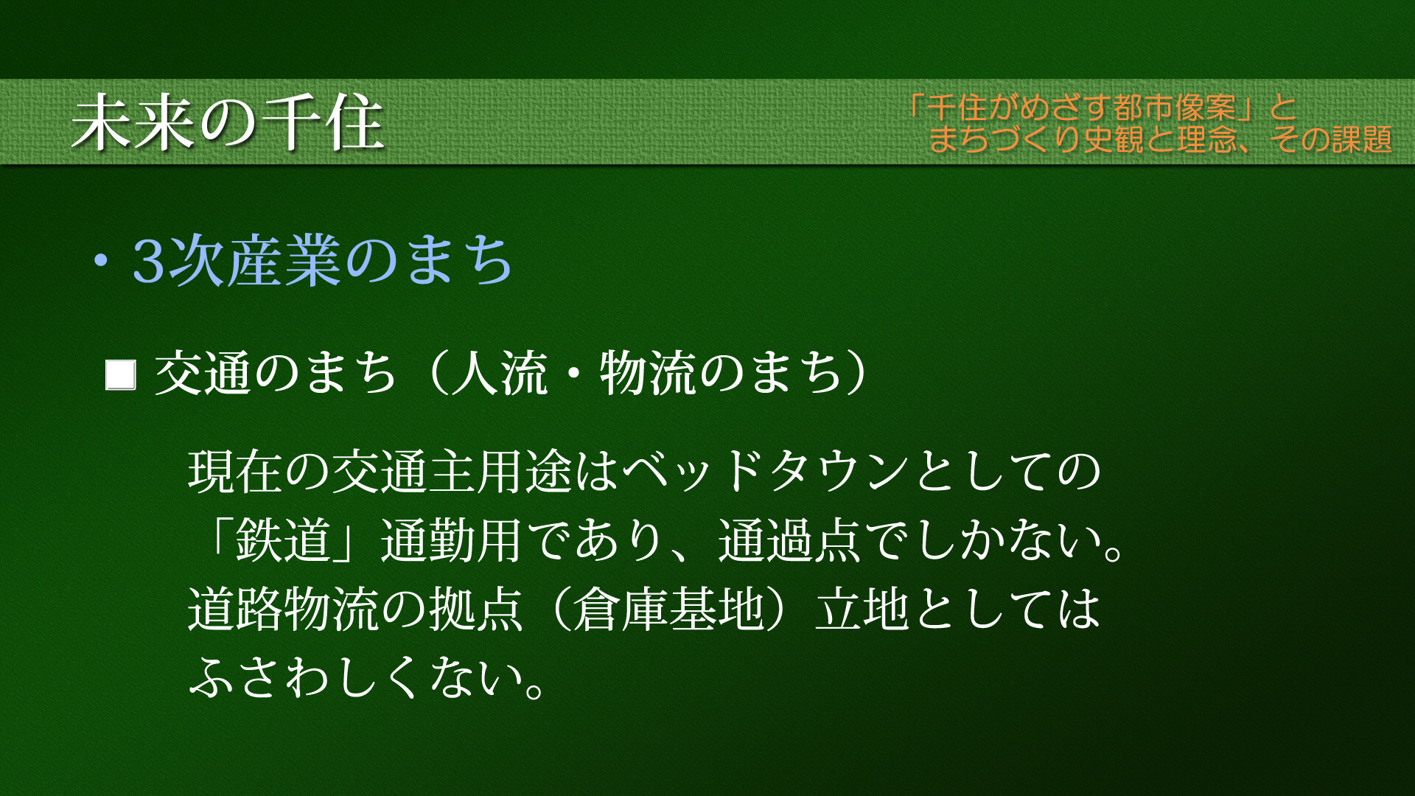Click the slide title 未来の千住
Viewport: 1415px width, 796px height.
coord(228,122)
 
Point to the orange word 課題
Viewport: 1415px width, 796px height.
coord(1361,139)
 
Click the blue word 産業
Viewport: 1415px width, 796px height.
coord(283,261)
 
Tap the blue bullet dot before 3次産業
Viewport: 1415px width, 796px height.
coord(101,262)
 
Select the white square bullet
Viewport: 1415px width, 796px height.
coord(121,374)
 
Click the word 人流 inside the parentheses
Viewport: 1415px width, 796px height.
coord(500,373)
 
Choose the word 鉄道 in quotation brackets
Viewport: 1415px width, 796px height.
coord(283,540)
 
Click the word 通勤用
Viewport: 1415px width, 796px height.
coord(451,540)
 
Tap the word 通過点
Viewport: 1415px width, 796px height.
coord(789,540)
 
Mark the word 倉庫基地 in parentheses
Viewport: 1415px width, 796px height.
coord(668,610)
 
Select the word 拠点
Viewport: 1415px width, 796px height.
coord(476,610)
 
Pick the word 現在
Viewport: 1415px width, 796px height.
coord(236,472)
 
